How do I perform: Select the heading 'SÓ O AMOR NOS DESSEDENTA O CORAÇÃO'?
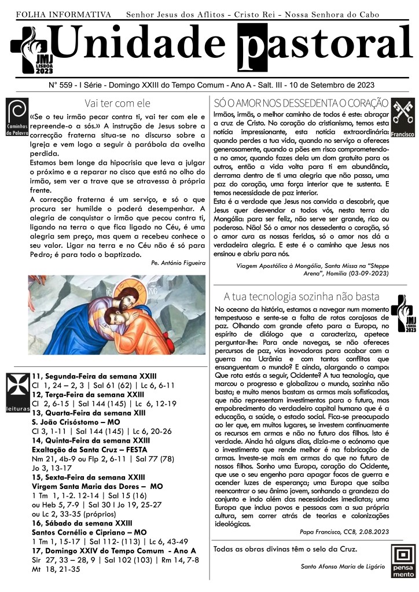click(x=300, y=104)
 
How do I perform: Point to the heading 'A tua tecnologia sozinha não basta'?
click(x=301, y=297)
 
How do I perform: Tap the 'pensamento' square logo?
click(x=402, y=562)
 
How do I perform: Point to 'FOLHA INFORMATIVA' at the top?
click(x=63, y=13)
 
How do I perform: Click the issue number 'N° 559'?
click(x=67, y=84)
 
